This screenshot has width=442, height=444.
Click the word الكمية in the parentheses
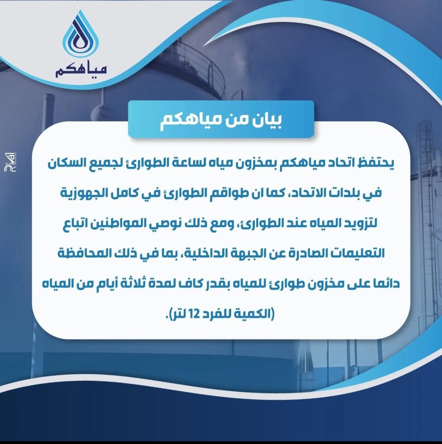coord(255,314)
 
